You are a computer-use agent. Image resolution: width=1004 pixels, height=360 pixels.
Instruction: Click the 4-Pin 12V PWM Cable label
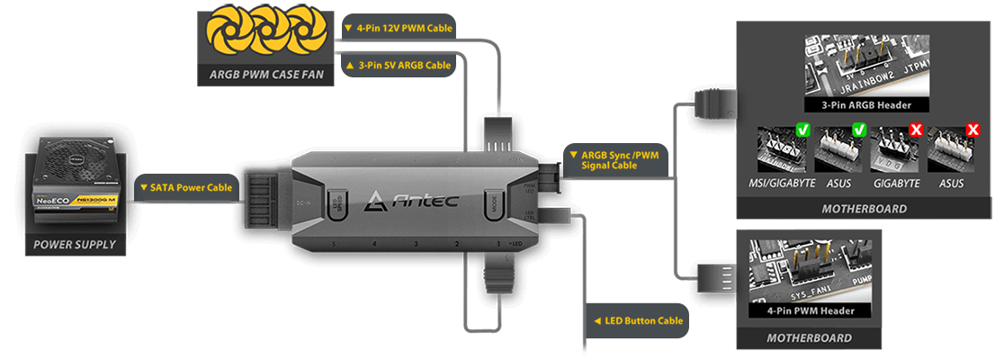coord(399,27)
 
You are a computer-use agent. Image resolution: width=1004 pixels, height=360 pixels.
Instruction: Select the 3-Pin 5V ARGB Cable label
coord(399,65)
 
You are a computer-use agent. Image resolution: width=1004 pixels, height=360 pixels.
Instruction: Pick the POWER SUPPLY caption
coord(75,244)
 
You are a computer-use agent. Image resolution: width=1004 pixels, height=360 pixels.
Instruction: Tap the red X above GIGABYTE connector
coord(916,131)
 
